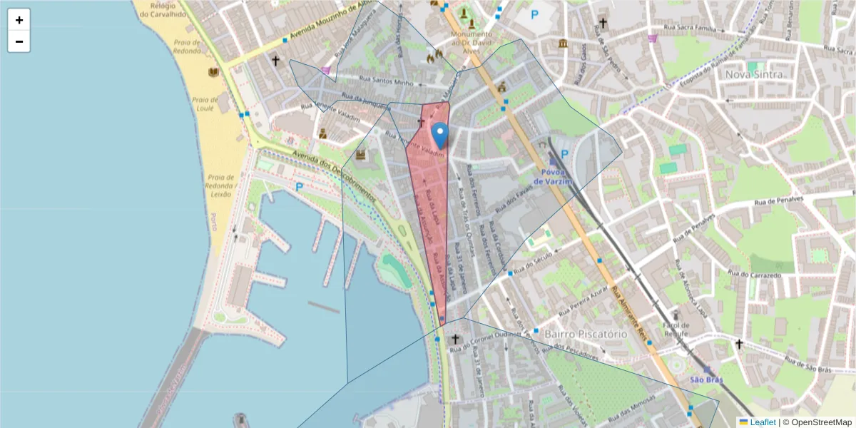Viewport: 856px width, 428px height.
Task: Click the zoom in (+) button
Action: click(19, 20)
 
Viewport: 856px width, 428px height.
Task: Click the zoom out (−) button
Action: click(19, 41)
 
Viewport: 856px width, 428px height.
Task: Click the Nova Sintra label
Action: click(755, 74)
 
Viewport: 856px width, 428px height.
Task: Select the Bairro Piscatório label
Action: click(586, 333)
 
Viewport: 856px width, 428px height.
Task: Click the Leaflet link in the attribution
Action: click(762, 422)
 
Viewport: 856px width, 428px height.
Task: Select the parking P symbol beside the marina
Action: click(300, 187)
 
